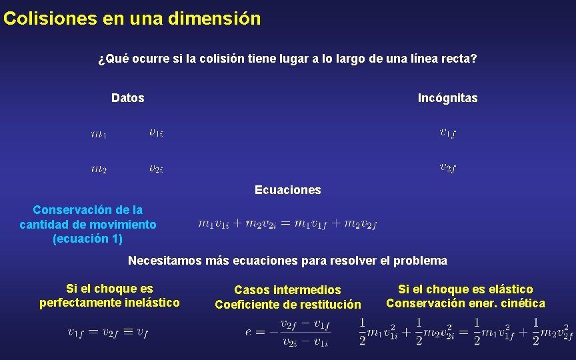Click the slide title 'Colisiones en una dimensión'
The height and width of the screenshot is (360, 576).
(132, 18)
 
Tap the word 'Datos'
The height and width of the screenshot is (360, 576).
(127, 98)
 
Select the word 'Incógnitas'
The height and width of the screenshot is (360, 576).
(447, 98)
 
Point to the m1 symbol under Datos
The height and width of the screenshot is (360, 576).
(98, 135)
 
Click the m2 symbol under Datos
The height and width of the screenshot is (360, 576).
(98, 169)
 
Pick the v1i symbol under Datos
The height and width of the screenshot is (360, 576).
(156, 133)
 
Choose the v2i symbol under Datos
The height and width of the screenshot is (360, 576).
(156, 168)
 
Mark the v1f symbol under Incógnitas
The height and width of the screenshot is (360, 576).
(447, 132)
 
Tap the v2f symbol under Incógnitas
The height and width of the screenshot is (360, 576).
(447, 167)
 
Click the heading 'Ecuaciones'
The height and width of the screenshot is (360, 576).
(287, 190)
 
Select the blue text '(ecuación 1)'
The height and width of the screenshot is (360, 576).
(87, 239)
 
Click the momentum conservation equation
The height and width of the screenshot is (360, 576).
(287, 224)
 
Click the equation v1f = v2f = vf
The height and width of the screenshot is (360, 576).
(107, 332)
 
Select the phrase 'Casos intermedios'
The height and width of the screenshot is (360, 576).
(287, 290)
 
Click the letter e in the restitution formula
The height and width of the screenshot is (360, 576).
(249, 332)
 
